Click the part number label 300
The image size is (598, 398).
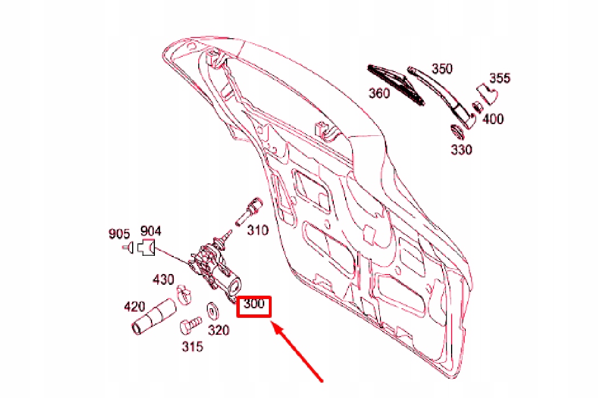pyautogui.click(x=254, y=304)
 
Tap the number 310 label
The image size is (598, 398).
pyautogui.click(x=257, y=230)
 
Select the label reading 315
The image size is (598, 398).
pyautogui.click(x=192, y=346)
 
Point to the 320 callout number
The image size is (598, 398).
pyautogui.click(x=218, y=330)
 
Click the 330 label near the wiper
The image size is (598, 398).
pyautogui.click(x=461, y=150)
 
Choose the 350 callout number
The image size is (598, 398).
pyautogui.click(x=441, y=69)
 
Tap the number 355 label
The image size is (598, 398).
pyautogui.click(x=499, y=78)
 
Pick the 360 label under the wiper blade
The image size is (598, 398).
pyautogui.click(x=379, y=93)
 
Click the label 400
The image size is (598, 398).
pyautogui.click(x=493, y=119)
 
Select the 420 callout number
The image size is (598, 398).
pyautogui.click(x=135, y=308)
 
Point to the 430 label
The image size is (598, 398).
pyautogui.click(x=163, y=280)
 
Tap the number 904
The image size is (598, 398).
pyautogui.click(x=150, y=231)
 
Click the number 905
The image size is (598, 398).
pyautogui.click(x=120, y=233)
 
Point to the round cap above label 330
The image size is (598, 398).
pyautogui.click(x=457, y=131)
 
